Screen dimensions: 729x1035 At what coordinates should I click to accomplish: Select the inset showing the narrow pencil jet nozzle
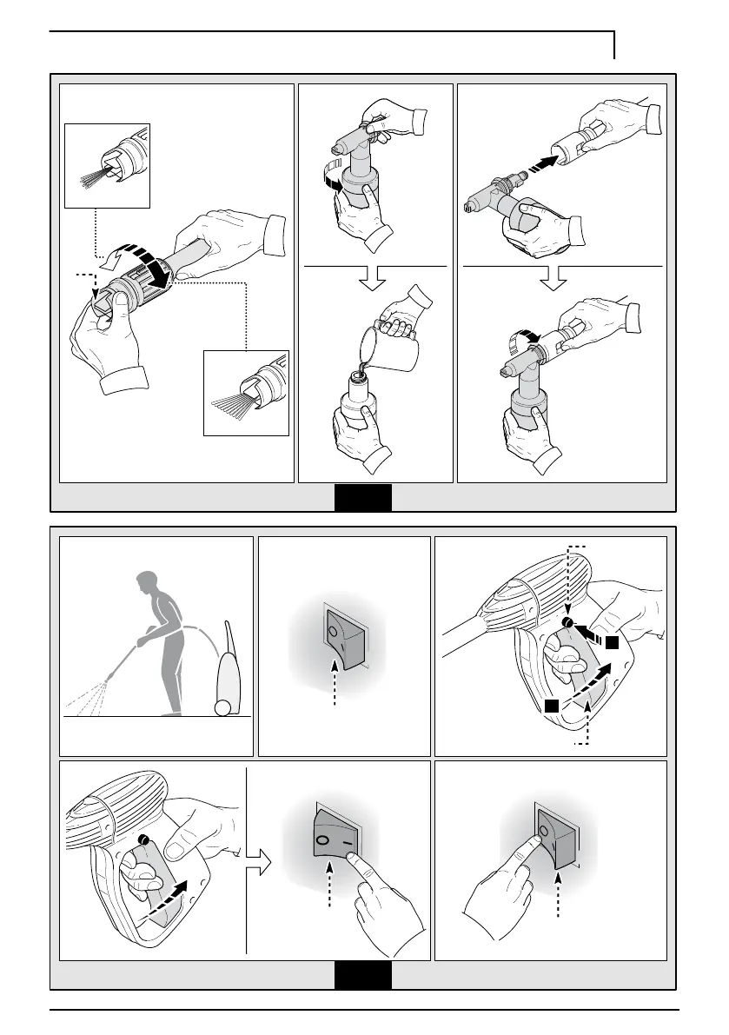coord(108,165)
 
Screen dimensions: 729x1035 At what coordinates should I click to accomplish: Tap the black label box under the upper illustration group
coord(363,498)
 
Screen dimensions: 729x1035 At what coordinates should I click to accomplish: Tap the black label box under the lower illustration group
coord(363,975)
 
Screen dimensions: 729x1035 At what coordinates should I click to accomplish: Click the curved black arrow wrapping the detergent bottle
coord(335,176)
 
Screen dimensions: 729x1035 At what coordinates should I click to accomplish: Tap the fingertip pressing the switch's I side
coord(351,859)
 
